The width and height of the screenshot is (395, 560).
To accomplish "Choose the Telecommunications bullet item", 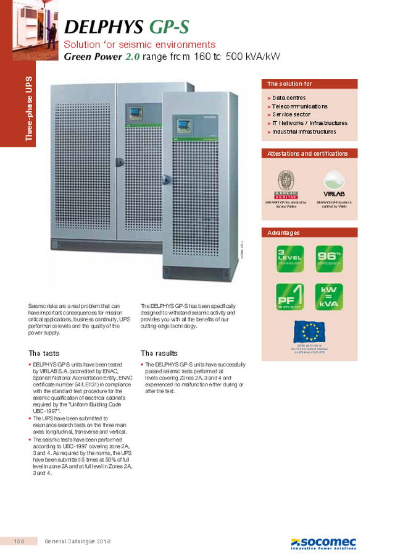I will click(x=299, y=106).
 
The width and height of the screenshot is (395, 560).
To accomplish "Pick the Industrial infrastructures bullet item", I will click(x=304, y=132).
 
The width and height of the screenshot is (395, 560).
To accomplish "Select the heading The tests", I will click(x=44, y=353).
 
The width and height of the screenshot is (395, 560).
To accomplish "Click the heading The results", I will click(x=159, y=353).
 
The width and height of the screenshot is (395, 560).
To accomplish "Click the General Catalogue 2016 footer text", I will click(x=78, y=542).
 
